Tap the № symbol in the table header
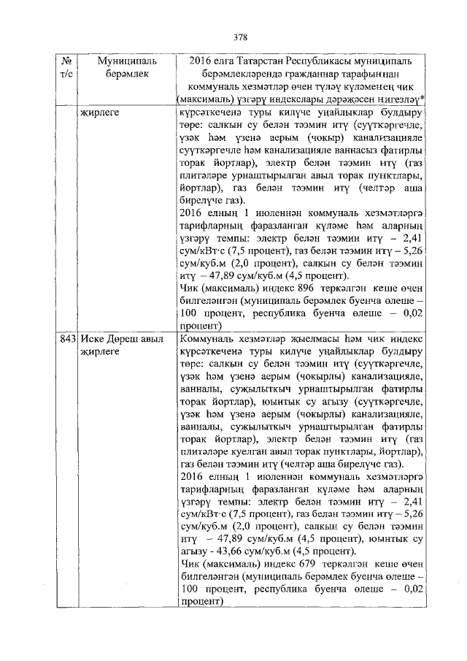[x=67, y=61]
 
